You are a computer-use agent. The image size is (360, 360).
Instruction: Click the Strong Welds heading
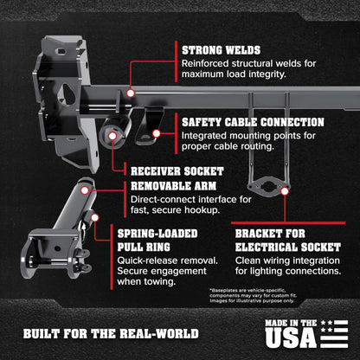coord(221,50)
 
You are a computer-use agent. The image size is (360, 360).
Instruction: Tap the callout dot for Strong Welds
coord(131,93)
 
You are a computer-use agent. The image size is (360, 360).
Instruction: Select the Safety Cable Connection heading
coord(253,122)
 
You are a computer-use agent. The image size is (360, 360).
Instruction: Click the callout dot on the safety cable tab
coord(157,133)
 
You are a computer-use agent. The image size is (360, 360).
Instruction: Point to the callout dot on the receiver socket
coord(112,136)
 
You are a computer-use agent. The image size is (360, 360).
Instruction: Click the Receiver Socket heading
coord(177,171)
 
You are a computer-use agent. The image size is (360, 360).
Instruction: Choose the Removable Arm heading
coord(174,186)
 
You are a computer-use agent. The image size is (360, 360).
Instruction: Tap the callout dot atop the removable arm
coord(85,190)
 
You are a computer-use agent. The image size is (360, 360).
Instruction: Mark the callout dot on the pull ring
coord(94,217)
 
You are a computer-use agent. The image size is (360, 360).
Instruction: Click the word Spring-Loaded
coord(157,234)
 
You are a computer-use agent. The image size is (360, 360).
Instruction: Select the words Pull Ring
coord(144,247)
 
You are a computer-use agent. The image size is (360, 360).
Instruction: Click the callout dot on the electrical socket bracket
coord(285,191)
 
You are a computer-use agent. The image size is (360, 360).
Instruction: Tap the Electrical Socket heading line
coord(288,247)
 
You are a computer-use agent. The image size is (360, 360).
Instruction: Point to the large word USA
coord(291,337)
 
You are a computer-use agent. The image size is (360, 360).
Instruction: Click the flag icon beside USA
coord(334,334)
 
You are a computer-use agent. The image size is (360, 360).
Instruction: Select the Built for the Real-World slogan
coord(111,334)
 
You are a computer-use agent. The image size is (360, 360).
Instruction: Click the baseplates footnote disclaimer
coord(253,295)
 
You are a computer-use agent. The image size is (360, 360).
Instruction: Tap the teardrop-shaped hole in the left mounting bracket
coord(68,94)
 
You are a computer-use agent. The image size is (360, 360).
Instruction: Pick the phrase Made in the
coord(291,323)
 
